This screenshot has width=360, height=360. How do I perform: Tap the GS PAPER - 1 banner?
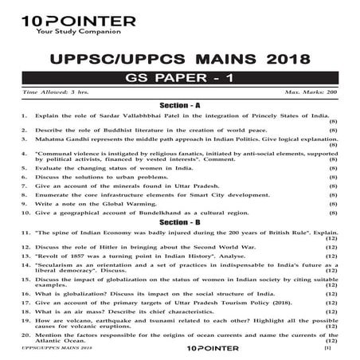tap(181, 80)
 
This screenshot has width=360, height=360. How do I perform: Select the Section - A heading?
tap(180, 105)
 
